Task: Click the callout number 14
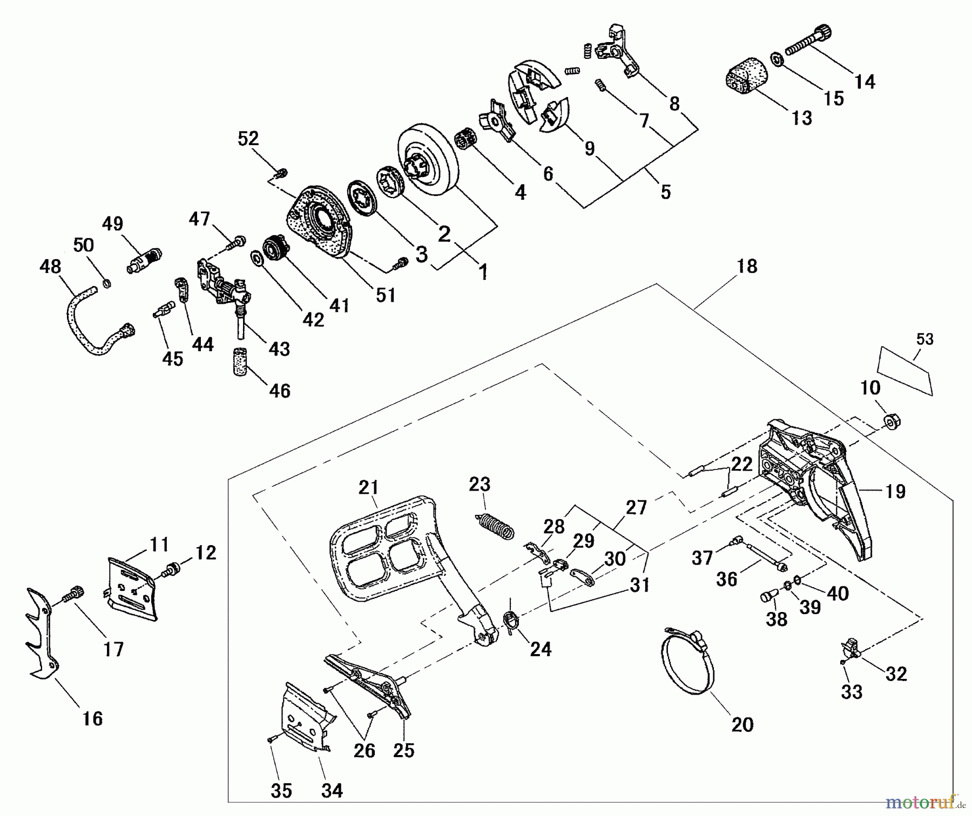[x=865, y=81]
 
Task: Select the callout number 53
[x=924, y=339]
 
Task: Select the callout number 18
[x=747, y=266]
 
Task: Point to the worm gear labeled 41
[x=275, y=250]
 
